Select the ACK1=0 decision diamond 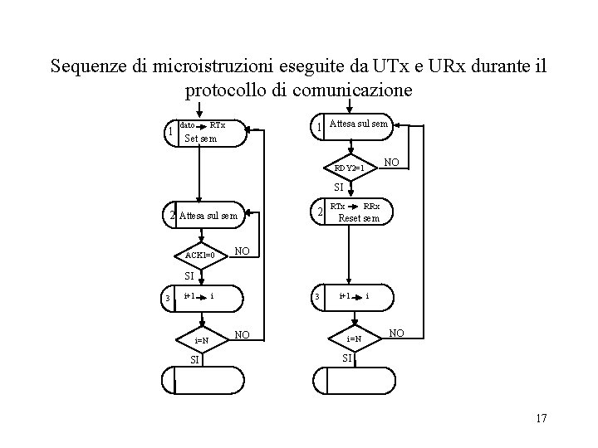click(x=200, y=255)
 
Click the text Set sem click(x=200, y=139)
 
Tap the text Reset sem click(x=359, y=219)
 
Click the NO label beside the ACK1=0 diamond click(x=243, y=250)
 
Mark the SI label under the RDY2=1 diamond click(x=341, y=187)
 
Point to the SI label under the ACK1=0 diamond click(x=189, y=275)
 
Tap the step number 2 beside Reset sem click(x=320, y=214)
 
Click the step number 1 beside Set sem click(x=169, y=132)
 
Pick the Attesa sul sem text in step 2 click(x=208, y=216)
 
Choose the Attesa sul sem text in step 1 click(x=359, y=124)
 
